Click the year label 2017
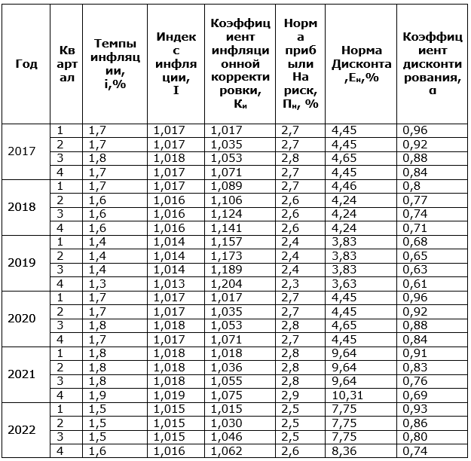point(26,151)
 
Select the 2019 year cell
point(26,263)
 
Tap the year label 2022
point(26,430)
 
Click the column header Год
point(26,63)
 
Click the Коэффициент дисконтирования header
point(432,63)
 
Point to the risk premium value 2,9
point(290,395)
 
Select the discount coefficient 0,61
point(415,283)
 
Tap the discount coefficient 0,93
point(415,408)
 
